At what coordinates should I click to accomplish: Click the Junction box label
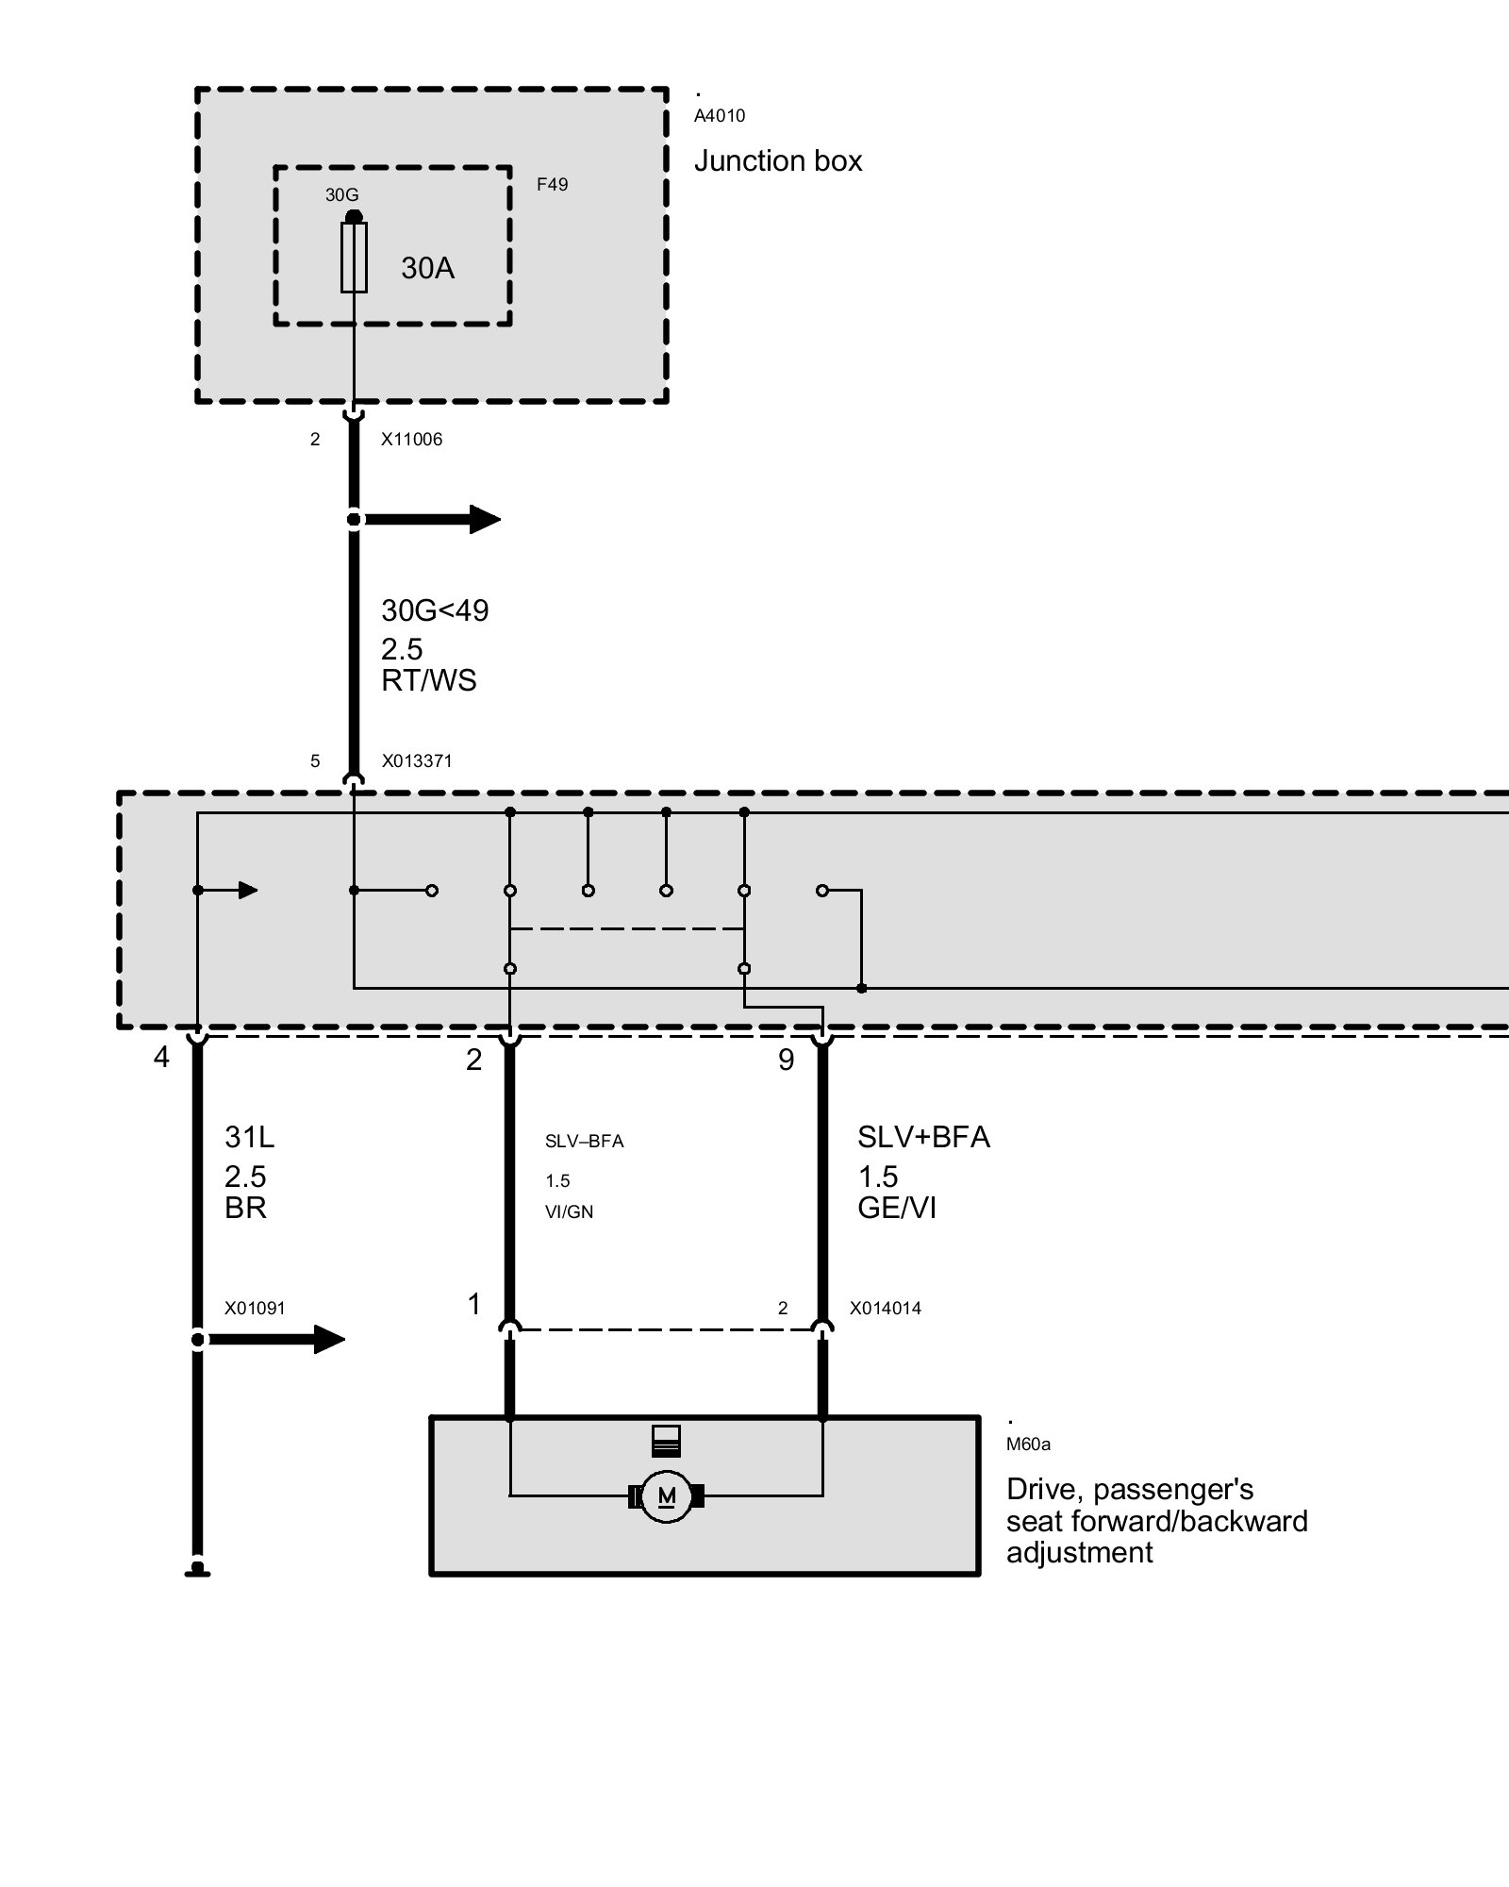point(778,161)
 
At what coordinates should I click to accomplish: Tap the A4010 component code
point(720,116)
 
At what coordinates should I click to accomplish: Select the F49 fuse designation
point(553,185)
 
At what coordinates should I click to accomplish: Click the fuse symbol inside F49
point(354,257)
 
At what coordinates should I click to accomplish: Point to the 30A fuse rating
point(427,269)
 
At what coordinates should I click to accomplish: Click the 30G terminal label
point(341,195)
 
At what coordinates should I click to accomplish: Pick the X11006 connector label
point(411,440)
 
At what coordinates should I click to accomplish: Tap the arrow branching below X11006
point(434,519)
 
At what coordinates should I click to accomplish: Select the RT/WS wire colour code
point(428,680)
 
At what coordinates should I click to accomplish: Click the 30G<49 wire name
point(435,611)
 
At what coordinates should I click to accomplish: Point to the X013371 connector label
point(416,761)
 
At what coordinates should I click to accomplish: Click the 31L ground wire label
point(249,1138)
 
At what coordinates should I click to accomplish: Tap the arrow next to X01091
point(278,1339)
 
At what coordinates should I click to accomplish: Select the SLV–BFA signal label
point(584,1142)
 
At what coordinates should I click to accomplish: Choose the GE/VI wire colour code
point(897,1209)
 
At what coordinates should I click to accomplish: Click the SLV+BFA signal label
point(923,1138)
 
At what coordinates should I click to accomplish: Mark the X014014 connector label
point(885,1309)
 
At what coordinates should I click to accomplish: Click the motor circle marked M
point(666,1496)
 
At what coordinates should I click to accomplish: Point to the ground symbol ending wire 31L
point(197,1569)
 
